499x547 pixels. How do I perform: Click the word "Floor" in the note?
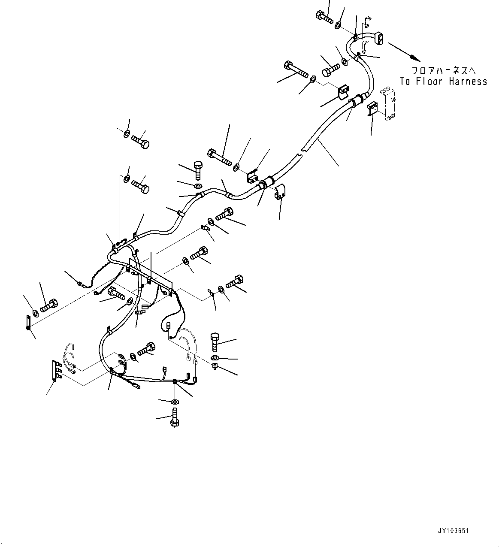tap(429, 81)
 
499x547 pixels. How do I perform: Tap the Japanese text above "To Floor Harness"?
tap(443, 70)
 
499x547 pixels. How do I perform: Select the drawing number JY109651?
tap(454, 531)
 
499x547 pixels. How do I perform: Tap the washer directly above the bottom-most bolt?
tap(175, 402)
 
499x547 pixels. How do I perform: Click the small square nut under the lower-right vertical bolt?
tap(215, 366)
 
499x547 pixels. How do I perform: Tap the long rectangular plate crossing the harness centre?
tap(150, 276)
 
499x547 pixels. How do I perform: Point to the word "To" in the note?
tap(405, 81)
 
